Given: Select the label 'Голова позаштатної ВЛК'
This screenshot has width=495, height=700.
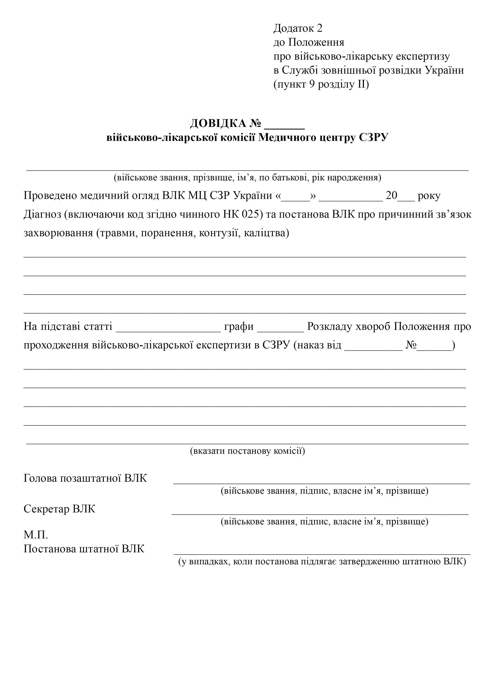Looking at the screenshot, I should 85,478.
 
